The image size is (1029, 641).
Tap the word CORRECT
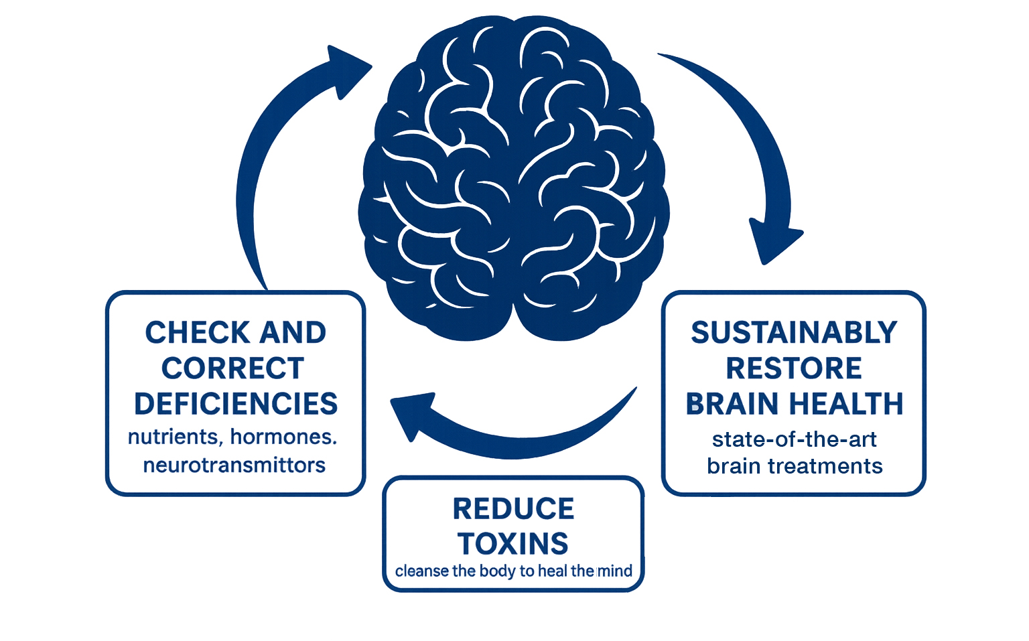pos(233,368)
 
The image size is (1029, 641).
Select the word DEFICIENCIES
pos(236,404)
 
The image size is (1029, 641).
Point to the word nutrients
pos(174,437)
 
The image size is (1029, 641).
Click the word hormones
pos(283,437)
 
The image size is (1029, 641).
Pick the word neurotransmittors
pos(234,465)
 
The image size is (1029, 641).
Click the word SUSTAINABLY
pos(794,333)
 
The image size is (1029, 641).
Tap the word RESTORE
pos(794,368)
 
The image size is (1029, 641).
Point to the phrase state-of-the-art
pos(794,439)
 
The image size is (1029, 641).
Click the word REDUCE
pos(513,509)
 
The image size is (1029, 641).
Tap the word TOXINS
pos(513,544)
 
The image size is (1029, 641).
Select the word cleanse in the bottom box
pos(422,571)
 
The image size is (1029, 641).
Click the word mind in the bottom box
pos(615,571)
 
